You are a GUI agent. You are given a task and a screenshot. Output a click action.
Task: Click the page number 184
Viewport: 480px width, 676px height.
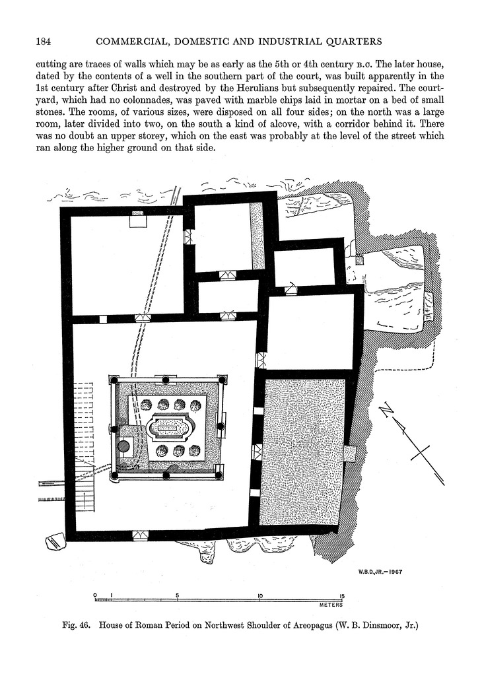[x=44, y=42]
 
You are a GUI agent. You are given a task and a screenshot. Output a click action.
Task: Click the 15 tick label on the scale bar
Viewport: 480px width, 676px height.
[x=341, y=595]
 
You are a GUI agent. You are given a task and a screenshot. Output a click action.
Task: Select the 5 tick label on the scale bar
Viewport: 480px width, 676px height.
[x=178, y=595]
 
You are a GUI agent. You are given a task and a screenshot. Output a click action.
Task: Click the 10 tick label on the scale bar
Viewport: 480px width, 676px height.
[x=260, y=595]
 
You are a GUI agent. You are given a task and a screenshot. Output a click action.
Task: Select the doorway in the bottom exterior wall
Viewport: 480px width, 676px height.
[x=140, y=535]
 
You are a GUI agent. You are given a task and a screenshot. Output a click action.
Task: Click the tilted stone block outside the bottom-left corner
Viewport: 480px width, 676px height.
[x=53, y=542]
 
